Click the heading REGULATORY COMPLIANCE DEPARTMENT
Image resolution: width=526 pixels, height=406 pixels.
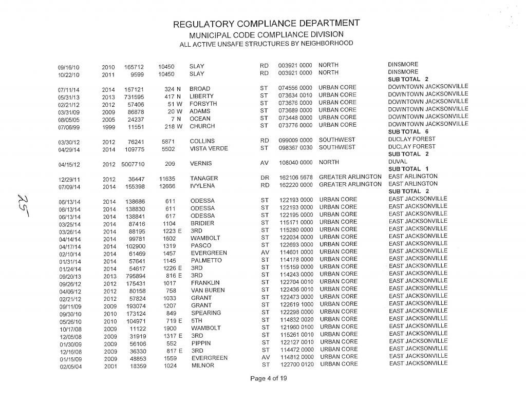266,24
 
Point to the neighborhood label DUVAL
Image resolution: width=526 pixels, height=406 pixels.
398,161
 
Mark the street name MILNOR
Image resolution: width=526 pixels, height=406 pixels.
202,365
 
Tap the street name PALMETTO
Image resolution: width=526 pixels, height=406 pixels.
206,260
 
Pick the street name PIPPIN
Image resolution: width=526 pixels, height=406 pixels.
201,343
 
